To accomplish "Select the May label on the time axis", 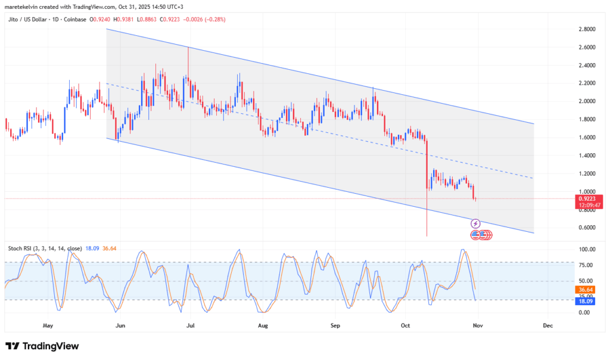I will pyautogui.click(x=48, y=326).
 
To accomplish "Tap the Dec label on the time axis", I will pyautogui.click(x=548, y=326).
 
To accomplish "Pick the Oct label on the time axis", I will pyautogui.click(x=406, y=326).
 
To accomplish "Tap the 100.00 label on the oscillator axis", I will pyautogui.click(x=586, y=249).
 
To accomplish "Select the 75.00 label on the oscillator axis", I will pyautogui.click(x=586, y=265).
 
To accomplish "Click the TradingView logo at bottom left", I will pyautogui.click(x=42, y=346).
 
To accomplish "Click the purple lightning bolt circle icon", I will pyautogui.click(x=475, y=224).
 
